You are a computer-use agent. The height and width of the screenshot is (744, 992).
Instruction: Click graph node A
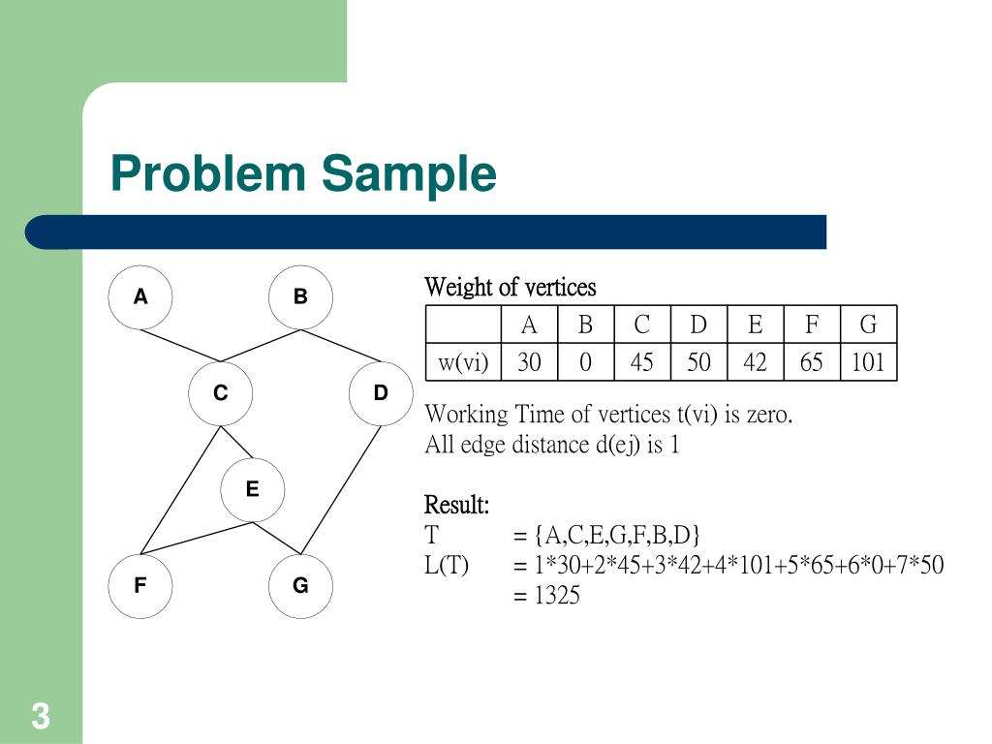click(x=140, y=297)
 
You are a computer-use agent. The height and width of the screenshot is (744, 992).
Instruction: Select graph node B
click(x=300, y=297)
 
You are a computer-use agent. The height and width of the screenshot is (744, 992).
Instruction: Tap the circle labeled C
click(x=221, y=393)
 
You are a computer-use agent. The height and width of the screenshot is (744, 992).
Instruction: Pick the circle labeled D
click(x=381, y=393)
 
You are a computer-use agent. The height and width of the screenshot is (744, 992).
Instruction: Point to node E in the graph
click(x=252, y=489)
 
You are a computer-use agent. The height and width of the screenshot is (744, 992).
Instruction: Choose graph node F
click(x=140, y=585)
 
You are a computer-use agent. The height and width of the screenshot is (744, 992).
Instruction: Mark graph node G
click(x=300, y=585)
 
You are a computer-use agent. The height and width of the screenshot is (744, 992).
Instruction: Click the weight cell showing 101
click(x=868, y=363)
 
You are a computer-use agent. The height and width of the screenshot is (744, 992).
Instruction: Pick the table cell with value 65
click(x=812, y=363)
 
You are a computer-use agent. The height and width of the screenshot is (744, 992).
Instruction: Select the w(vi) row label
click(x=463, y=363)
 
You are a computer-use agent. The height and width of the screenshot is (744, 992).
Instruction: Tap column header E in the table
click(x=755, y=325)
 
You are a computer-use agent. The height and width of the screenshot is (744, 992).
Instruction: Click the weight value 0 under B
click(x=585, y=363)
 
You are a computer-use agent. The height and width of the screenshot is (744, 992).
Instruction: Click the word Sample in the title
click(x=409, y=174)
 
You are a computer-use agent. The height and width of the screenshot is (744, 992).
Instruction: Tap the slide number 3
click(x=40, y=718)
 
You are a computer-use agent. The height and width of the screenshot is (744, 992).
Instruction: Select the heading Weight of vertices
click(x=510, y=288)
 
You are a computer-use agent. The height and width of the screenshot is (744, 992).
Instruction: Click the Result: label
click(x=456, y=506)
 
